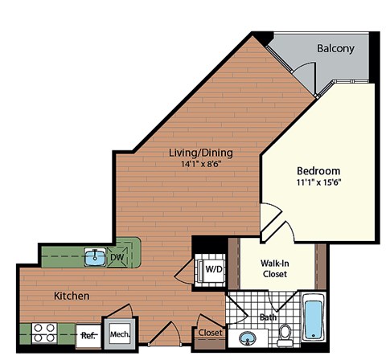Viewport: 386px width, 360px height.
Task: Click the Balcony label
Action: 335,49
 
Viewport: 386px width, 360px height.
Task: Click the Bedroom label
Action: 318,171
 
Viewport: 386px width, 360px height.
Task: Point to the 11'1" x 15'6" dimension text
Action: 318,184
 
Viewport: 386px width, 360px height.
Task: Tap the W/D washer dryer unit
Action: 212,268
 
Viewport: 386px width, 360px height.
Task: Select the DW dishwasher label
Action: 117,257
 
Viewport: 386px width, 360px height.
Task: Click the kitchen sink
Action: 96,257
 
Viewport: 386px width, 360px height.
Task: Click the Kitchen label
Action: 72,296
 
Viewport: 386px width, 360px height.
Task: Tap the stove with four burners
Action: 43,332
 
